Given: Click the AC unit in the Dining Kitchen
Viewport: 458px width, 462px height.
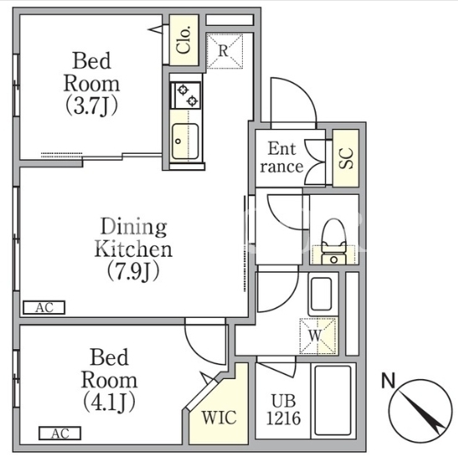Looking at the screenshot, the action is pos(44,308).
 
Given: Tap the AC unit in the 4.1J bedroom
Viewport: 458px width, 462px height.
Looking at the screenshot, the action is pos(59,434).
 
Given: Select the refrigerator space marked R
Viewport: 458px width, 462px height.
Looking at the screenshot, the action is pos(224,51).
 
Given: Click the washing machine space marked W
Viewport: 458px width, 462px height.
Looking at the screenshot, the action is pos(318,336).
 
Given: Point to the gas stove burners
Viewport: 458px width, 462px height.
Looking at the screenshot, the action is pos(187,95).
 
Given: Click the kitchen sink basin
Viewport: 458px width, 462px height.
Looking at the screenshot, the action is pos(185,141).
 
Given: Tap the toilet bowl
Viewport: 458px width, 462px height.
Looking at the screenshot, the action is pos(333,242).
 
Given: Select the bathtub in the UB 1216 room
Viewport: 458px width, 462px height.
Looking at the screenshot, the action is pos(333,401).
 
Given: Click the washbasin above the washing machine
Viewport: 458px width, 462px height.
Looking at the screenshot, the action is pos(321,294).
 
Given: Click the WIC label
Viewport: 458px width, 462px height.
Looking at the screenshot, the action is pos(219,417).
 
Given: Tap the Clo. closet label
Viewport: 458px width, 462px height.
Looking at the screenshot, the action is pos(183,40).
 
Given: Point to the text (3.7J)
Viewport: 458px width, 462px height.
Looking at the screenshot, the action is pos(91,105).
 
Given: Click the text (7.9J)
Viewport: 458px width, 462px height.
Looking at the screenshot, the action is pos(133,271).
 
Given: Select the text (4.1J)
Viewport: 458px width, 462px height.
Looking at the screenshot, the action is pos(109,402).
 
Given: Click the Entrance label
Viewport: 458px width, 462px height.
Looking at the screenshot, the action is pos(282,157).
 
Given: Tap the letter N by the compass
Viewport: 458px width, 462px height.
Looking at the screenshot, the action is pos(389,380).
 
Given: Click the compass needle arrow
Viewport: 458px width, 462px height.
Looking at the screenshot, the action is pos(422,413).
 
